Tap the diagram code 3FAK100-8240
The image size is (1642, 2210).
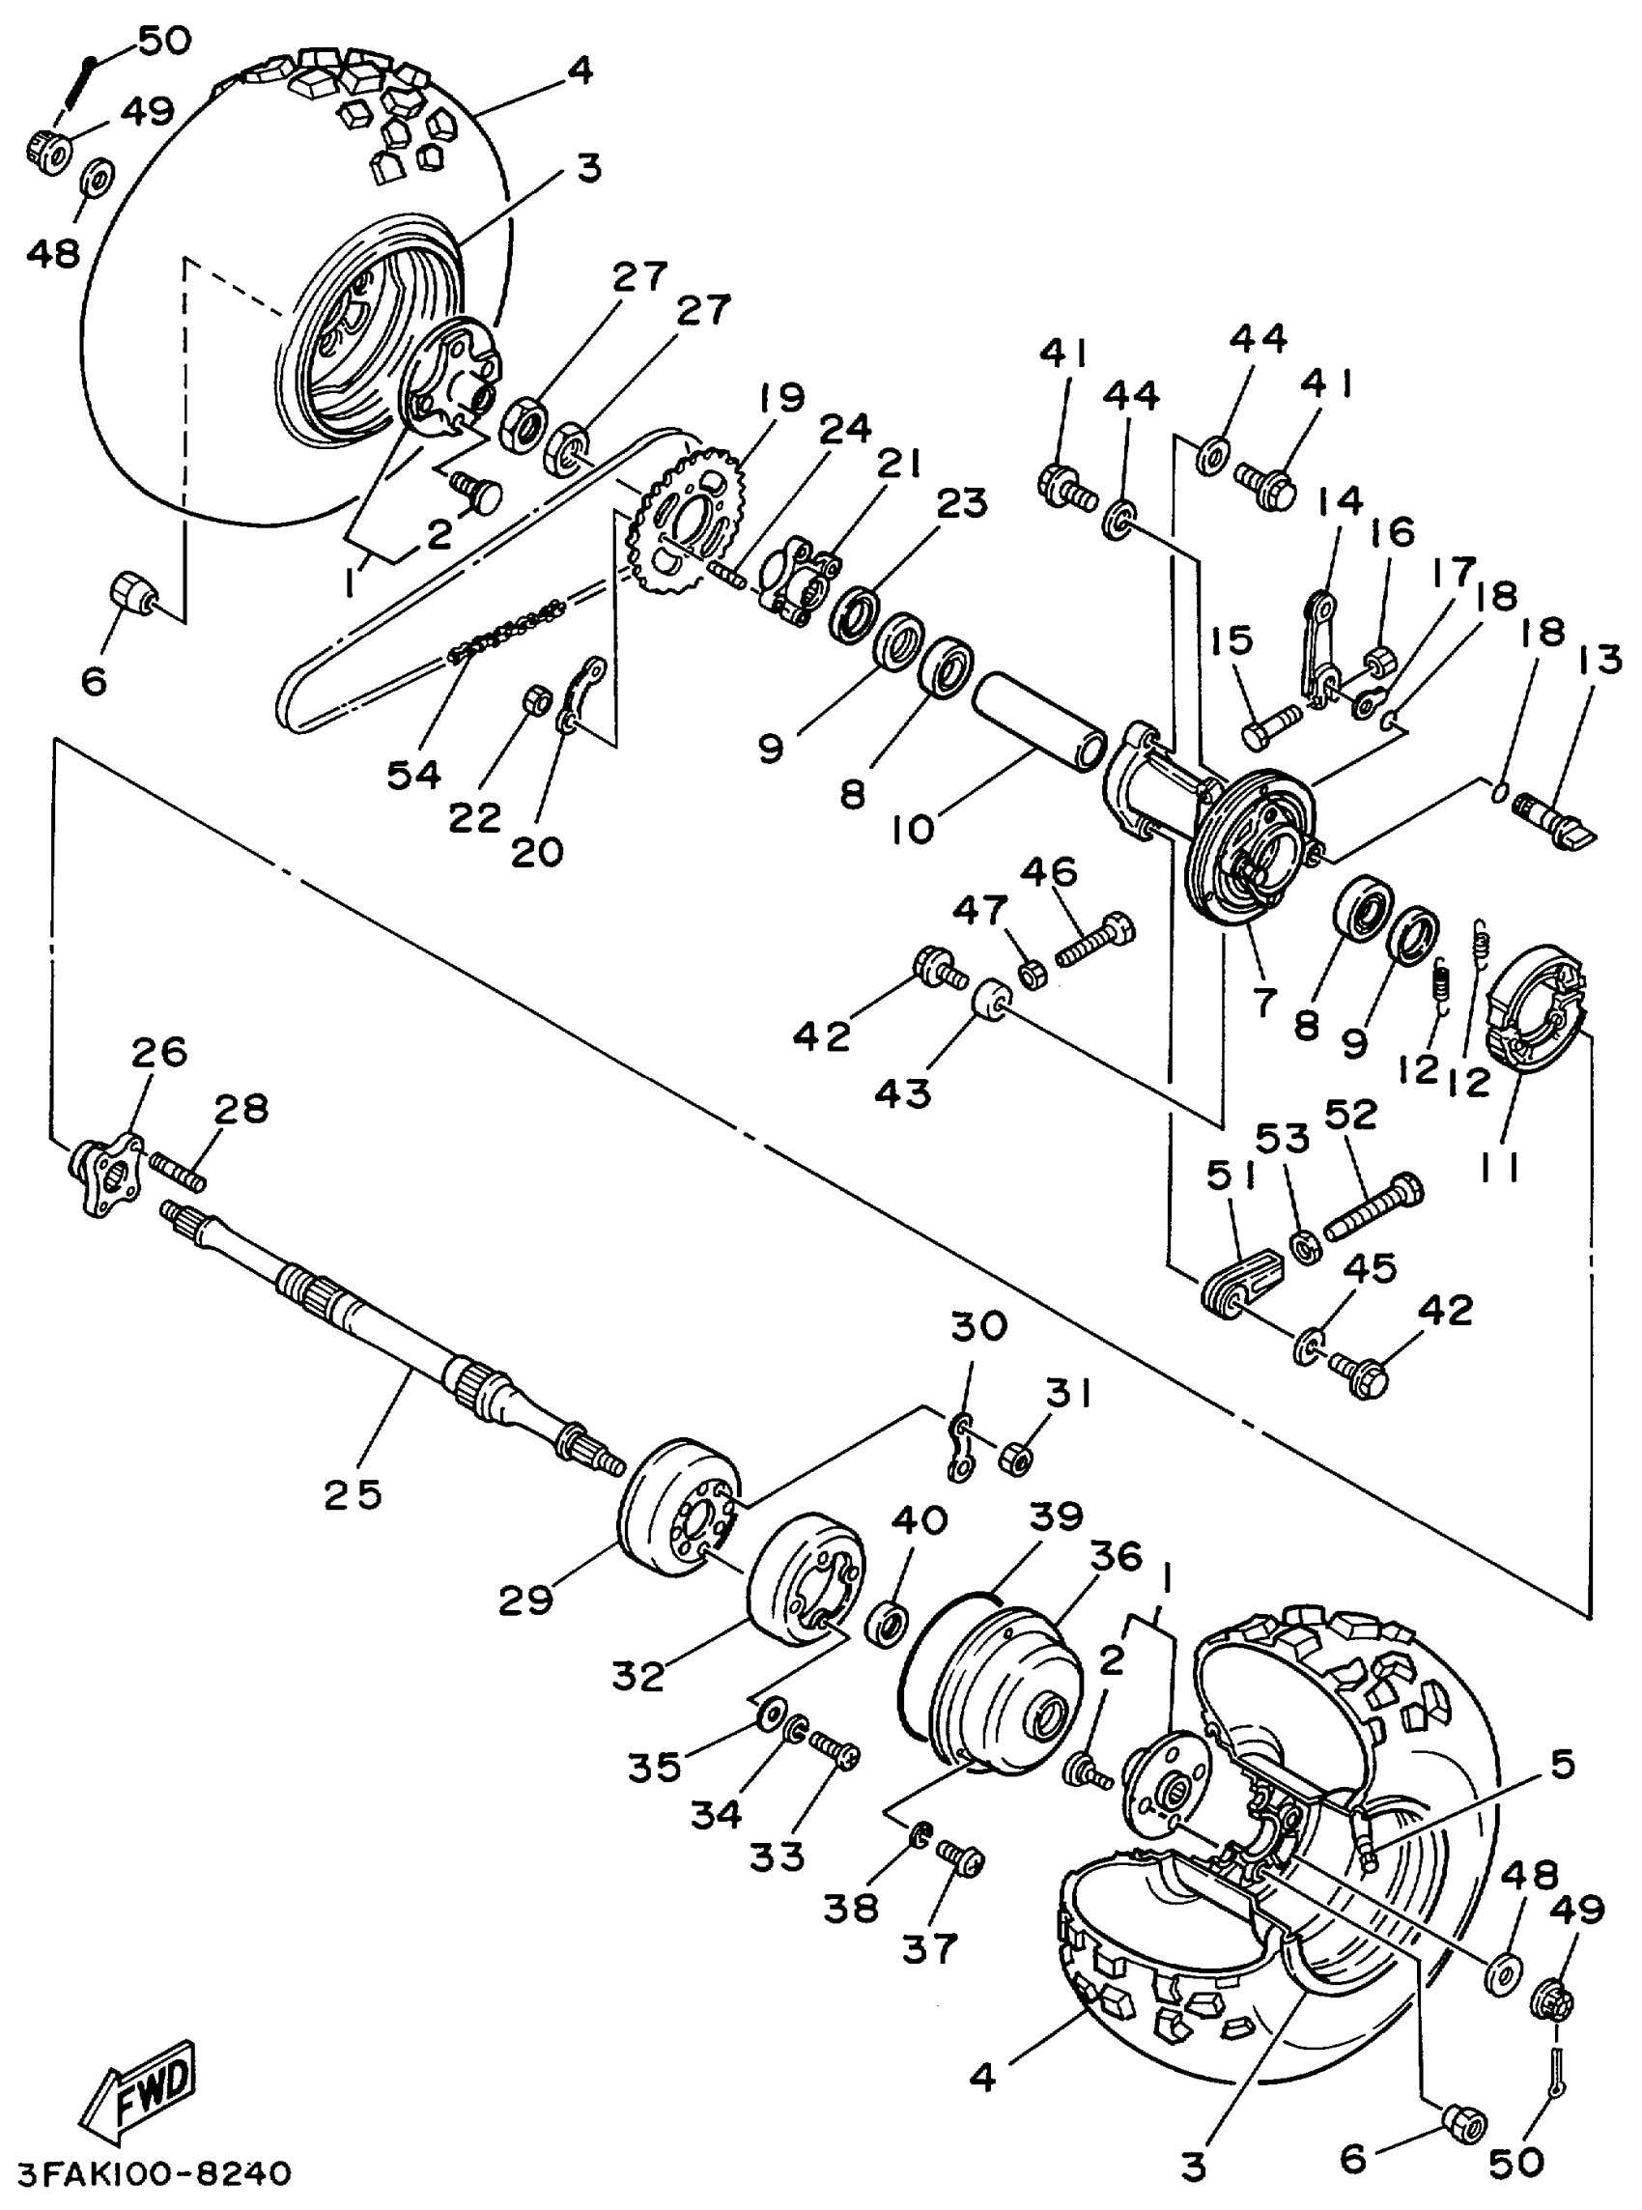coord(155,2174)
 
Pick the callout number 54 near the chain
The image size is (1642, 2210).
coord(413,774)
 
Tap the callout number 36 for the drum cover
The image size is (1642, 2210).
coord(1117,1557)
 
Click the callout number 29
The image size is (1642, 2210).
coord(525,1600)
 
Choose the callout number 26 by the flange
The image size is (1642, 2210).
coord(159,1051)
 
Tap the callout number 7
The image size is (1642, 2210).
coord(1264,1002)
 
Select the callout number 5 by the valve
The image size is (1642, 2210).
coord(1563,1765)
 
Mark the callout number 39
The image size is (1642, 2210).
coord(1055,1517)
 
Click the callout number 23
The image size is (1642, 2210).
coord(961,504)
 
